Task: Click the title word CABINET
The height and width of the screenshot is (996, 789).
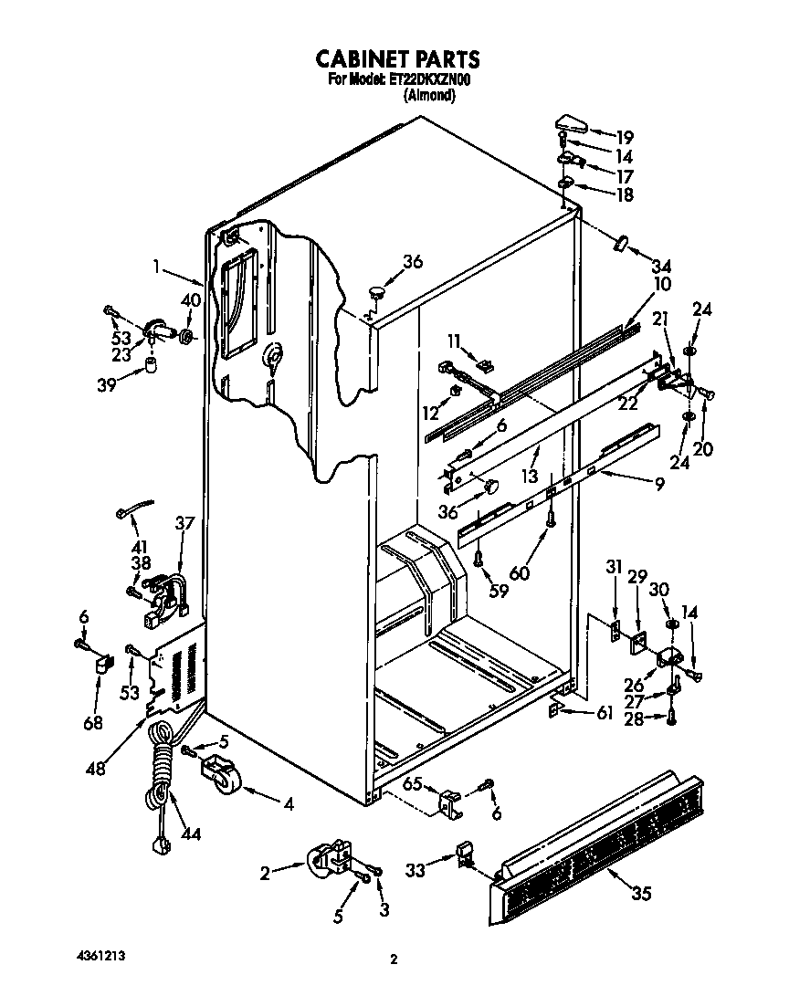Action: point(357,59)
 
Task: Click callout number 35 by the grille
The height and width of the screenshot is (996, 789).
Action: point(641,894)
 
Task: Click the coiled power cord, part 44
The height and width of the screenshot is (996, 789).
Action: point(162,767)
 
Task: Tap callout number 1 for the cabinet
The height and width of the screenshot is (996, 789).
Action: point(156,267)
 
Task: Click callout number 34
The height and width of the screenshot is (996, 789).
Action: point(660,267)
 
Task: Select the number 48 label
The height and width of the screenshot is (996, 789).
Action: point(94,769)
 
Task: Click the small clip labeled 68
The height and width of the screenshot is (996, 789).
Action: point(101,661)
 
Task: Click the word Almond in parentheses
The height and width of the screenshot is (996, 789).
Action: point(429,94)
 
